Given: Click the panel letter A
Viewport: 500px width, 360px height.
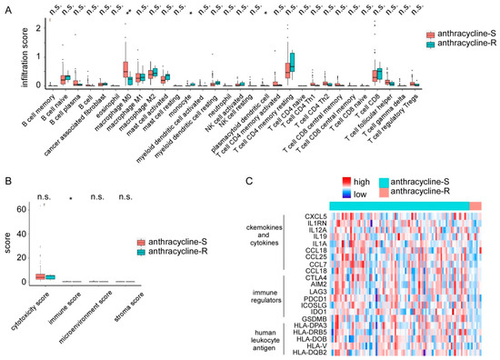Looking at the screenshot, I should coord(6,7).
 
